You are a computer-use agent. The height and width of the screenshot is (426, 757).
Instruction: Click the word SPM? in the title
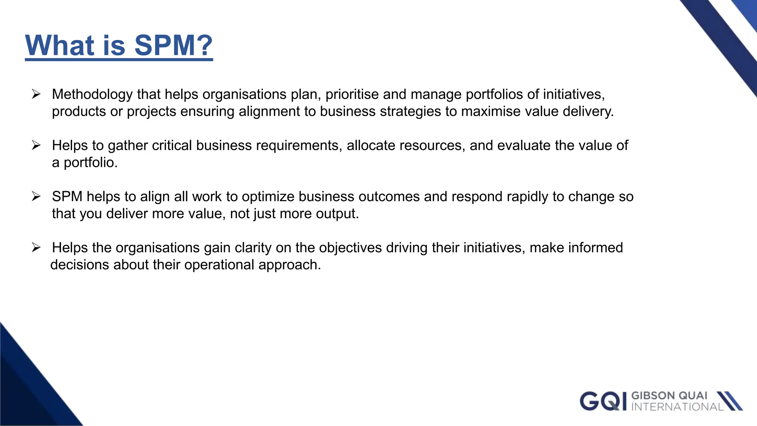(173, 45)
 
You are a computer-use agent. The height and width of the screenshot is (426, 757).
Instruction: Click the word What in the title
(60, 45)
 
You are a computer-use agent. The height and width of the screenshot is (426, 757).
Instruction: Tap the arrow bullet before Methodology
(36, 94)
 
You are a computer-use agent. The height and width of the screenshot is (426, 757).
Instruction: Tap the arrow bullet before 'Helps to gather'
(36, 145)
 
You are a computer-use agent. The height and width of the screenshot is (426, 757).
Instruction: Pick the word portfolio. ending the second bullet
(91, 163)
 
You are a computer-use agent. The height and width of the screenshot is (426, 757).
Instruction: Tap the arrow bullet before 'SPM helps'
(36, 196)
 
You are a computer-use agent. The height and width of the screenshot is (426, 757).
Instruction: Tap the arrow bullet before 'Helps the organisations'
(36, 247)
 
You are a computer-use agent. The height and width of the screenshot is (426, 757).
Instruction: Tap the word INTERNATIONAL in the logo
(677, 407)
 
